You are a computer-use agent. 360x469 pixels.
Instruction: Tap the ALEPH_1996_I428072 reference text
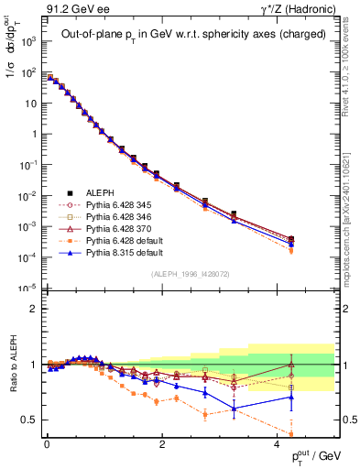tap(190, 275)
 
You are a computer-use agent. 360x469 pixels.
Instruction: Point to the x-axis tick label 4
tap(278, 443)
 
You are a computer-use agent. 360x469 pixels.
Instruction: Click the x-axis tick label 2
tap(162, 443)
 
